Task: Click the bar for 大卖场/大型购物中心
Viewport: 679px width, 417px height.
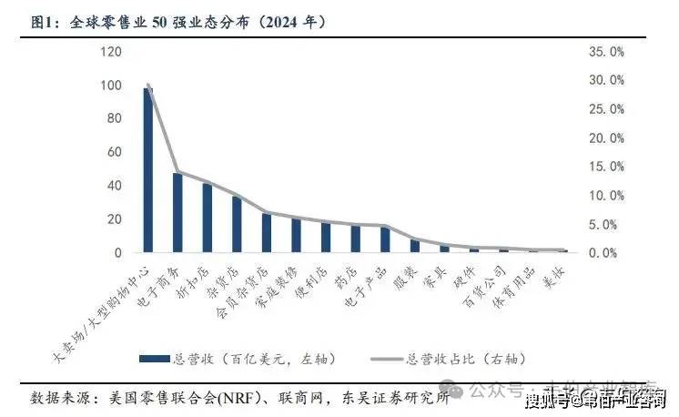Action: [148, 170]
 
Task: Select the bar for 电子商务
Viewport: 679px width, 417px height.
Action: [177, 212]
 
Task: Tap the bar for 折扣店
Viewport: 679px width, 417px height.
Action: [208, 218]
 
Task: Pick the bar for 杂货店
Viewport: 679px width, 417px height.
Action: [237, 224]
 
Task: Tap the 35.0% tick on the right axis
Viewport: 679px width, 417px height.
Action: [604, 52]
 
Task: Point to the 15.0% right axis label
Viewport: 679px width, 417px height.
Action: [604, 167]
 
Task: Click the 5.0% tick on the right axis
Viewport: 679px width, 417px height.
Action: [607, 224]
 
